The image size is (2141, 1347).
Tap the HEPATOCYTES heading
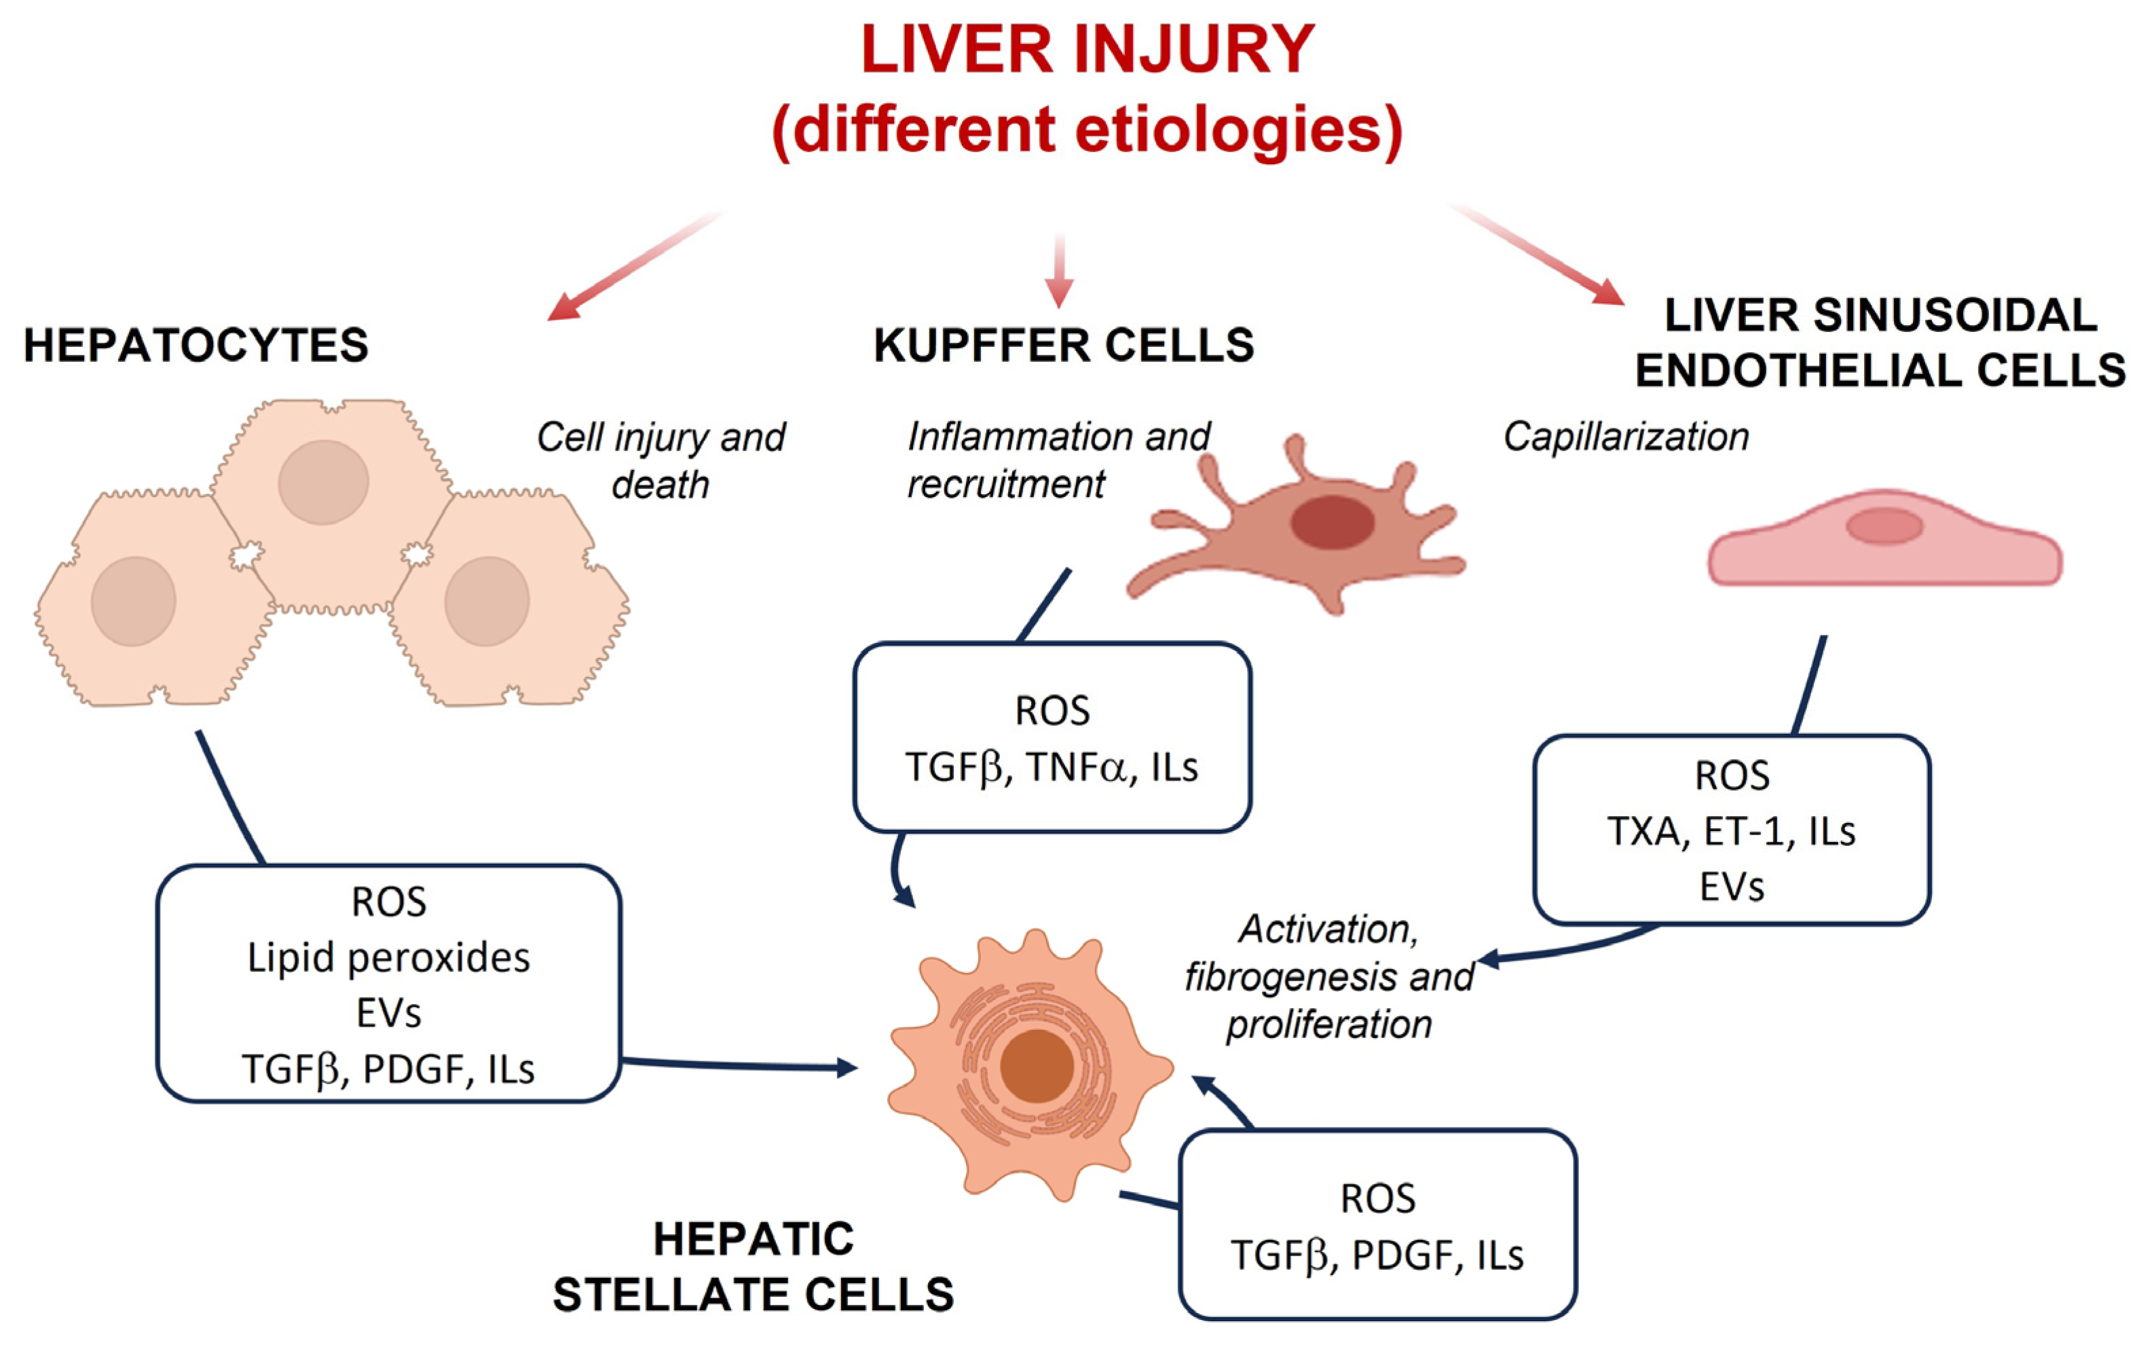196,345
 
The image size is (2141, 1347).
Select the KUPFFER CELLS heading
1064,345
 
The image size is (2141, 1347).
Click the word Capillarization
1625,437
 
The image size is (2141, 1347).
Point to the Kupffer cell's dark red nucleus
1332,523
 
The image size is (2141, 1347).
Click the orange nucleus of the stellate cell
1037,1066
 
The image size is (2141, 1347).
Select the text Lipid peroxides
388,957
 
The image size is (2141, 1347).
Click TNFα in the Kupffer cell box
1076,767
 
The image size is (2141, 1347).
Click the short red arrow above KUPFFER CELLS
1058,271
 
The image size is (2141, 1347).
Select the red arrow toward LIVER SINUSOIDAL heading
1547,258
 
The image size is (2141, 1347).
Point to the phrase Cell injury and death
660,460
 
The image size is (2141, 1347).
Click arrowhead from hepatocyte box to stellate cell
846,1066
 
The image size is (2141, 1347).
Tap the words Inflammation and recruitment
1058,460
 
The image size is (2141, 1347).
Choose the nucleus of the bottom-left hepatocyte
133,601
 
